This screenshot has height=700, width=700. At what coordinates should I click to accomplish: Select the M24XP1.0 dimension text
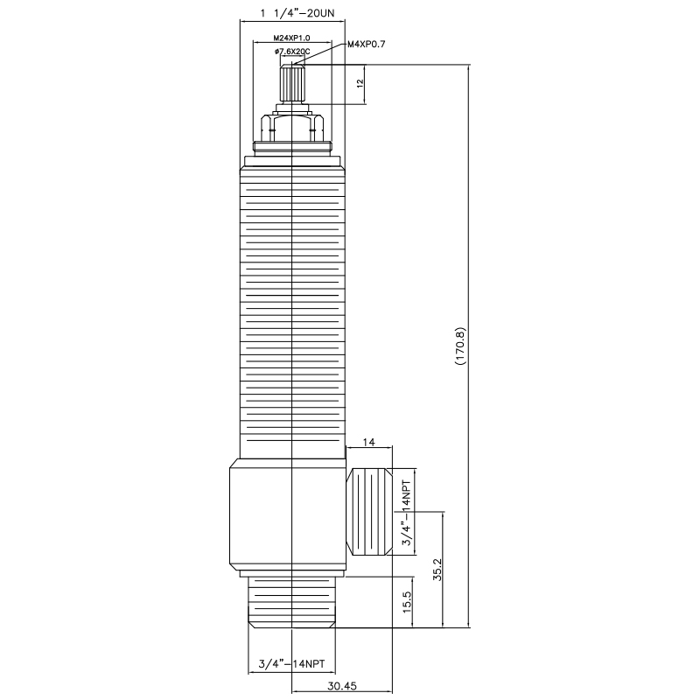click(x=291, y=38)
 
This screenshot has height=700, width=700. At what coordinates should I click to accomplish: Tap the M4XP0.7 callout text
click(x=367, y=44)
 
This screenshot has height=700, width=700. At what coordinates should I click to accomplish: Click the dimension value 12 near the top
click(x=360, y=84)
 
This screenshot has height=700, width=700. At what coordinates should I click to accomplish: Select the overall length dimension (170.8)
click(x=461, y=346)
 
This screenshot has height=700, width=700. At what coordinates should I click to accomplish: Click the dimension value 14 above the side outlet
click(x=368, y=444)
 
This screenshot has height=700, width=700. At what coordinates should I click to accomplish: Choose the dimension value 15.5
click(x=407, y=603)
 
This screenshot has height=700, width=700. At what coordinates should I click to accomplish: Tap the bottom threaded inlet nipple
click(x=291, y=604)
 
